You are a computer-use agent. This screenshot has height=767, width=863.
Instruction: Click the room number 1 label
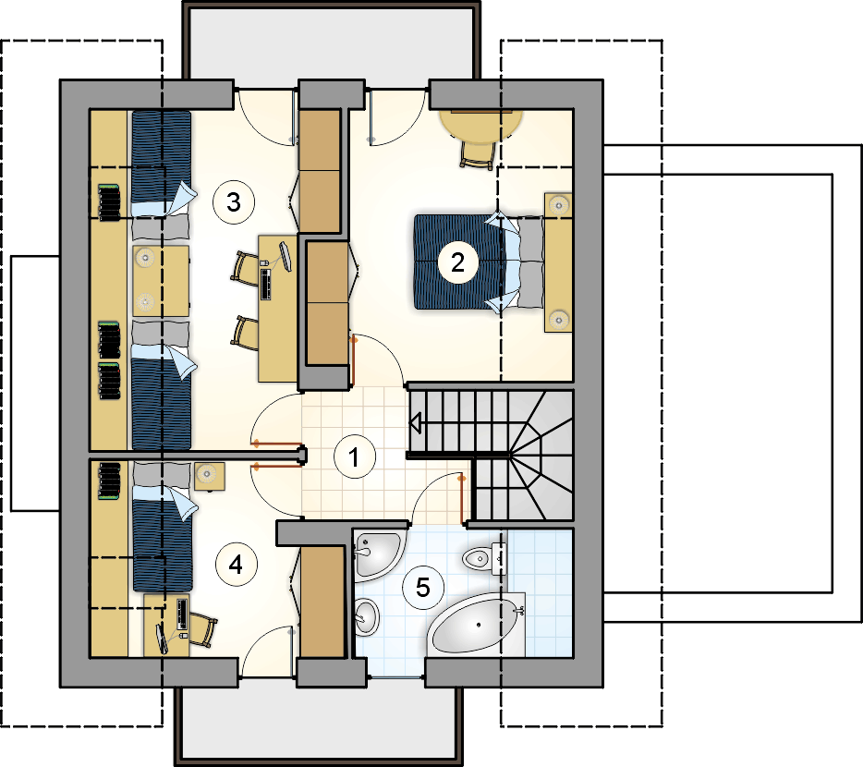355,457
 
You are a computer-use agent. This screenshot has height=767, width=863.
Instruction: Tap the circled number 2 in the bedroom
458,262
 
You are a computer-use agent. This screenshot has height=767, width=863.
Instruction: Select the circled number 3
234,202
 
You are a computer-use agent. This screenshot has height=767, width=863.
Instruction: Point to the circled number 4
237,565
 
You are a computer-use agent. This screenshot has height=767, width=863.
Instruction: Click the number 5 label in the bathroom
422,588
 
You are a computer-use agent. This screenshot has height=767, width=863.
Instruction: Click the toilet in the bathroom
484,559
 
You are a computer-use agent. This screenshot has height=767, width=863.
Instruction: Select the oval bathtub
475,625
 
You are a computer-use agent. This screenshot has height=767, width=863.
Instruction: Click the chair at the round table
477,155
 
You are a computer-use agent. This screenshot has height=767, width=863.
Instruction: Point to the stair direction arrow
416,423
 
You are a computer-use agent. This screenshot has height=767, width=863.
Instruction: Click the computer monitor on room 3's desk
286,256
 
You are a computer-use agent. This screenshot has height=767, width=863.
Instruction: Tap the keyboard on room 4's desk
182,615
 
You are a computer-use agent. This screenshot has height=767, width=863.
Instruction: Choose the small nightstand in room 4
209,476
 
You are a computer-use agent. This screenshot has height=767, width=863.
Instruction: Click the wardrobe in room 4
322,602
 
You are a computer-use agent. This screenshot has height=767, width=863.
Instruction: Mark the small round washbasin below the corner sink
366,617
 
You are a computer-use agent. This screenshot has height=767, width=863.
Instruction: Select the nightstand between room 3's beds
161,281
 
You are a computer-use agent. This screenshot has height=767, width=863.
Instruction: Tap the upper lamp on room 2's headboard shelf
559,205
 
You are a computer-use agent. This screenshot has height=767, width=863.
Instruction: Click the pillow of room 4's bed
161,473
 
